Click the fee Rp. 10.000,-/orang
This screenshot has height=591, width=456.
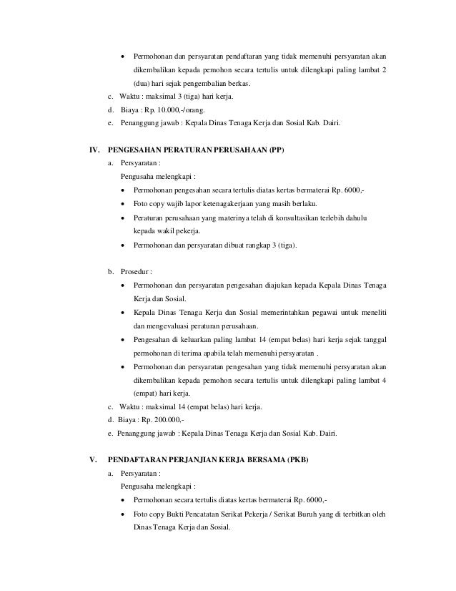pos(174,110)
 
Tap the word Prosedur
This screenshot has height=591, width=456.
pos(135,273)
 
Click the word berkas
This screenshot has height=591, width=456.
pos(236,83)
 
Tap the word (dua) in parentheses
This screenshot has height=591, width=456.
pos(143,83)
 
